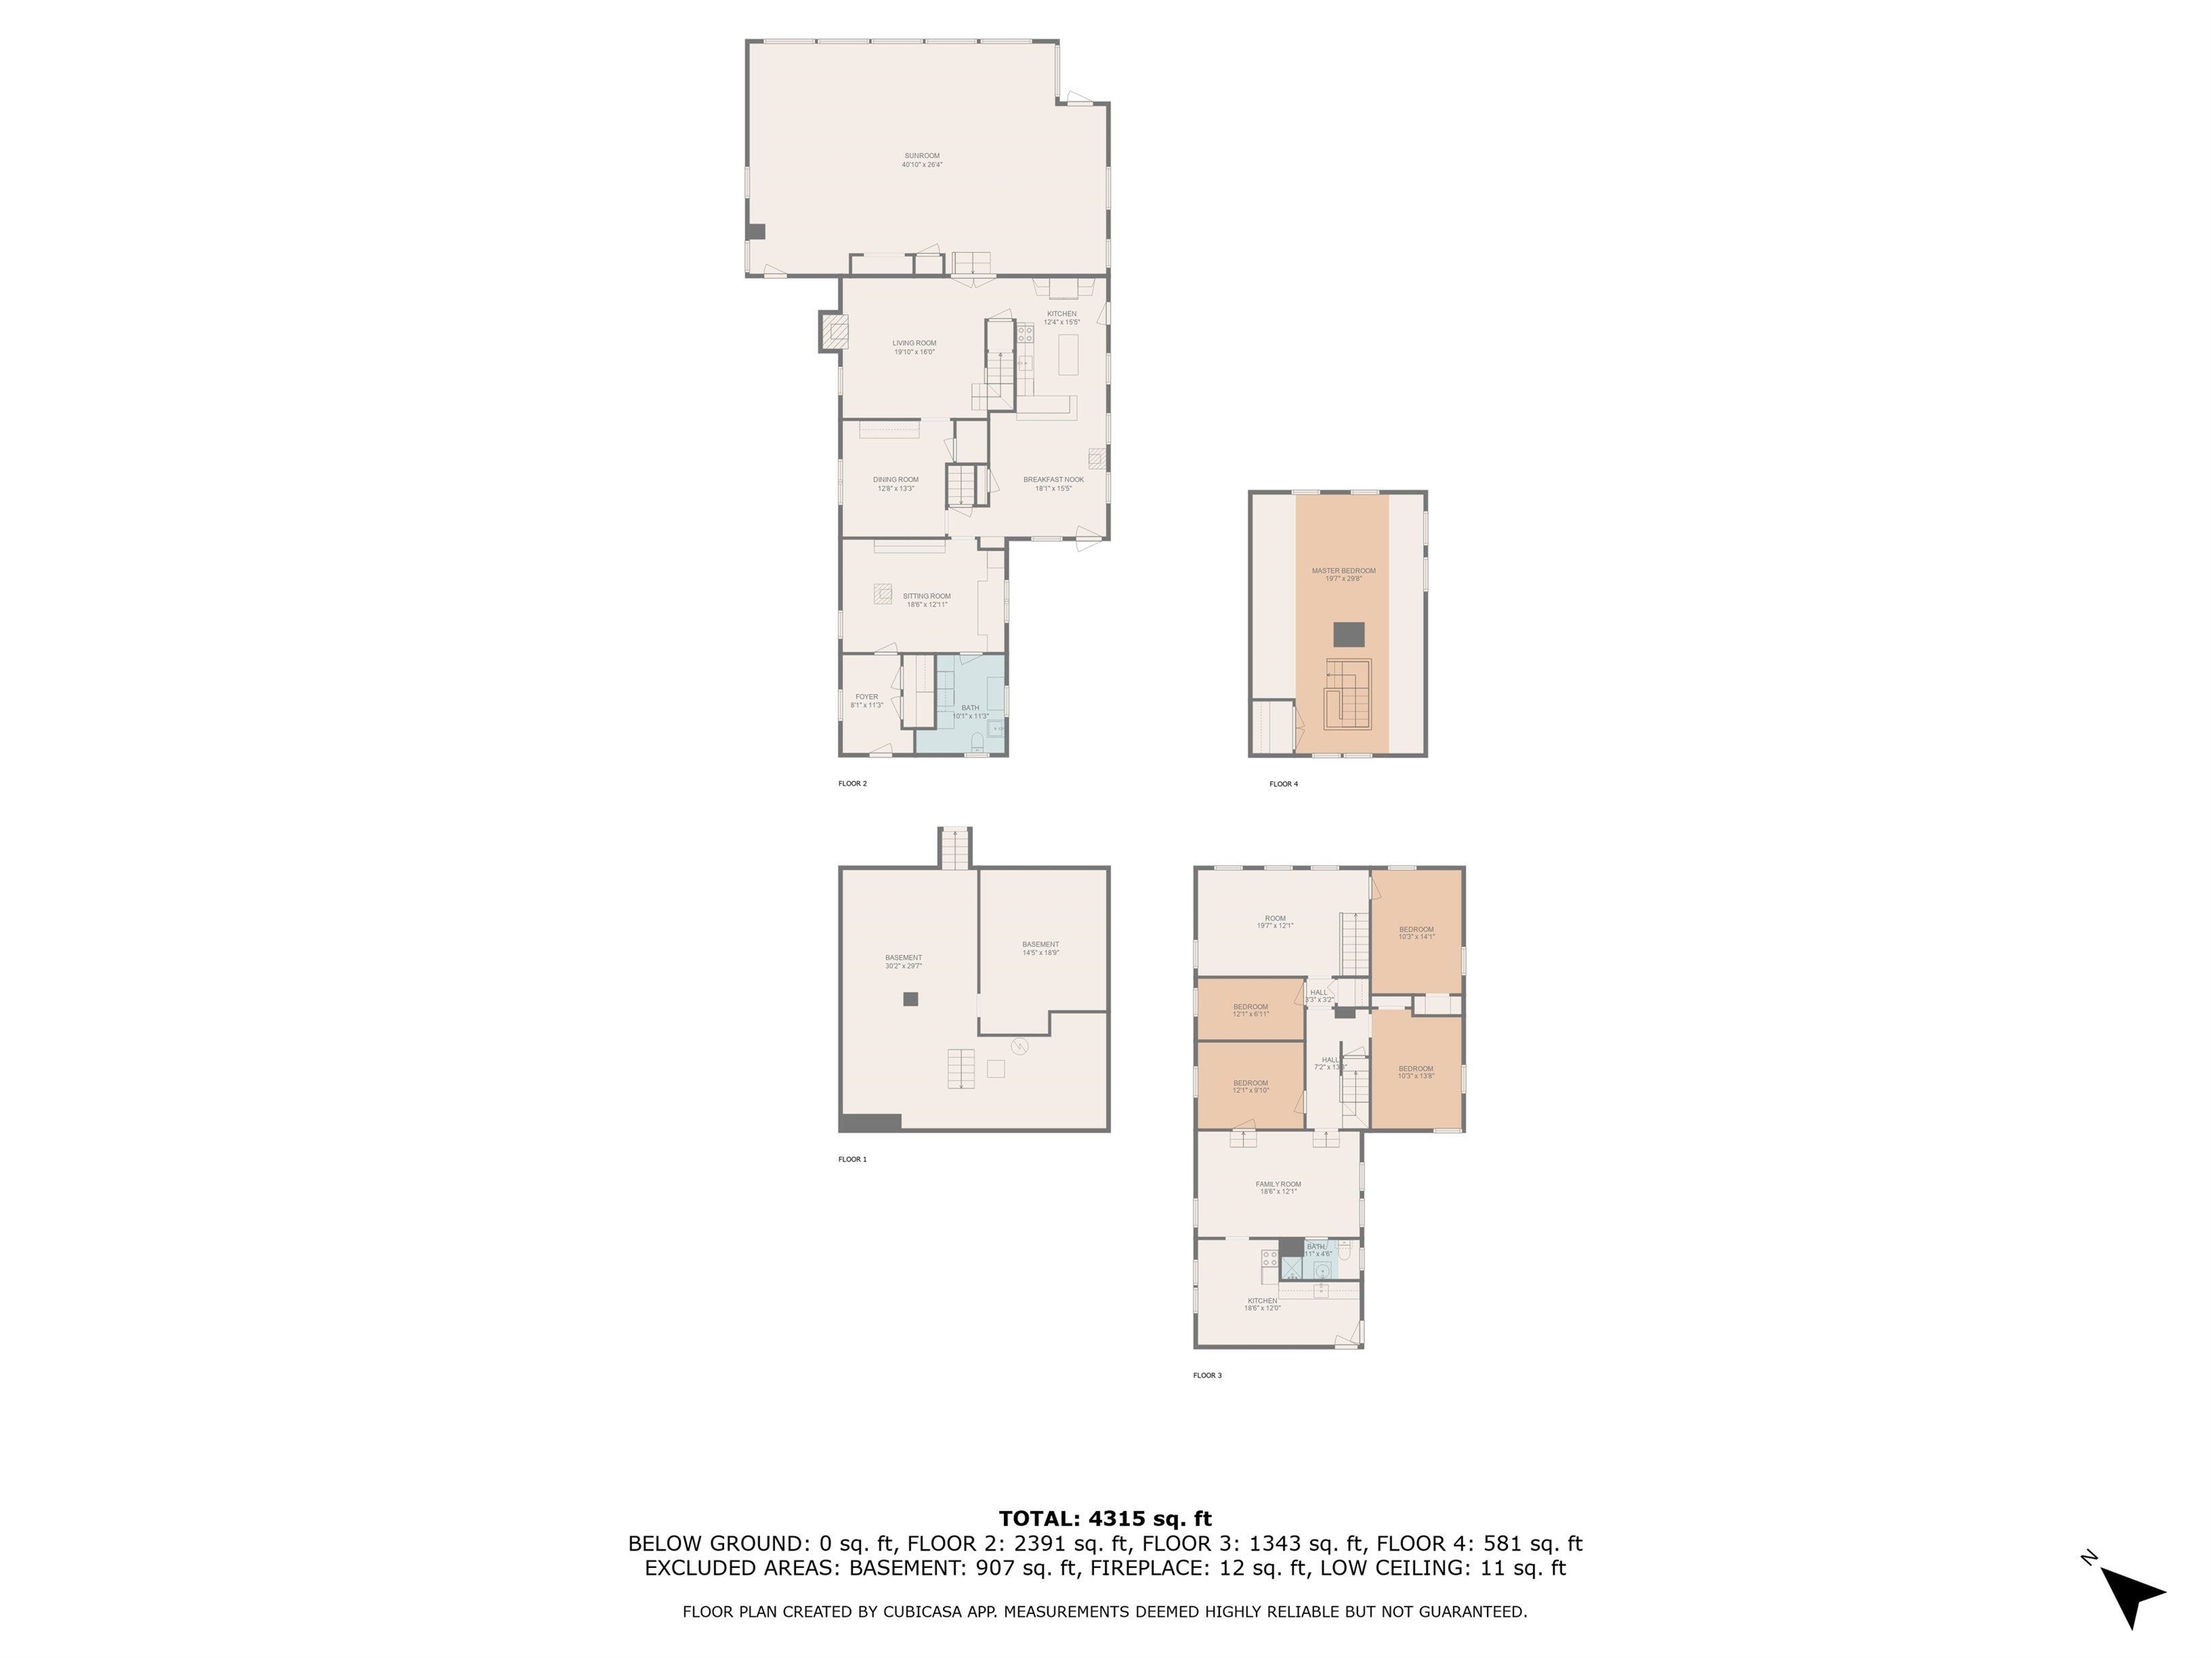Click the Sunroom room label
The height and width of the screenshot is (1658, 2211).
click(x=921, y=160)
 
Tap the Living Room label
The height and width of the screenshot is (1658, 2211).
click(x=913, y=347)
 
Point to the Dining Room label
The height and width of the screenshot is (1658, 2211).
click(x=895, y=484)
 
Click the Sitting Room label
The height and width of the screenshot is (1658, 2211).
click(x=926, y=599)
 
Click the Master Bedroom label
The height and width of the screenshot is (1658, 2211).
click(x=1342, y=575)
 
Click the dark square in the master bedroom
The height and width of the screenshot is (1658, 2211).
click(x=1348, y=633)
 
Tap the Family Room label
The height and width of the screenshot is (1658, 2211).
click(x=1278, y=1187)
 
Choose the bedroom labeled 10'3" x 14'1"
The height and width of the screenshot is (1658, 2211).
click(x=1416, y=933)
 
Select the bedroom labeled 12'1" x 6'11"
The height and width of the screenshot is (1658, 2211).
click(x=1249, y=1010)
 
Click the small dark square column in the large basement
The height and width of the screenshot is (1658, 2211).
click(x=910, y=998)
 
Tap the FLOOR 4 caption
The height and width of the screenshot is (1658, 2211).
click(x=1283, y=784)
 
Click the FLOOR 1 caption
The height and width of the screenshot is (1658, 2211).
click(x=851, y=1159)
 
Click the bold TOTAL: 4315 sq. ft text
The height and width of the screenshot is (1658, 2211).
click(x=1105, y=1519)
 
